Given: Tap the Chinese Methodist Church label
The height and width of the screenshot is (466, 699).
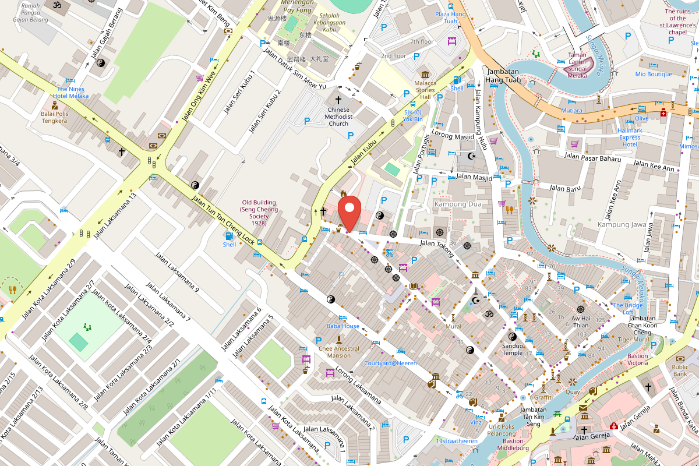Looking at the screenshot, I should tap(338, 116).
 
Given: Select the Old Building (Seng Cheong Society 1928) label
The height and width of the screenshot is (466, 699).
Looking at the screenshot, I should tap(259, 213).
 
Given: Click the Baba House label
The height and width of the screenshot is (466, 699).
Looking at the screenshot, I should tap(343, 326).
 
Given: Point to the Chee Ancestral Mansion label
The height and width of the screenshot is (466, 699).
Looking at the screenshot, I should tap(338, 352).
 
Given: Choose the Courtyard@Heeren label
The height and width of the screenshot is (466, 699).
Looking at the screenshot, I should tap(390, 363).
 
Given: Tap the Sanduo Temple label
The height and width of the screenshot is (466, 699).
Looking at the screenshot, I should tap(512, 349).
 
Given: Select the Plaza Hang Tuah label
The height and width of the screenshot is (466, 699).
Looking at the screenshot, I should tap(450, 17).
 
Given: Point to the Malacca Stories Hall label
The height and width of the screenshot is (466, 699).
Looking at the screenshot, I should tap(425, 90).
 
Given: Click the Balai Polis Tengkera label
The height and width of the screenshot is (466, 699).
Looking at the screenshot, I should tap(54, 117).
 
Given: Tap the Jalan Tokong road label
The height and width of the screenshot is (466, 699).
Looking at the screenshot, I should tap(437, 247).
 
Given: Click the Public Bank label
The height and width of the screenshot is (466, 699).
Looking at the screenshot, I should tap(680, 370).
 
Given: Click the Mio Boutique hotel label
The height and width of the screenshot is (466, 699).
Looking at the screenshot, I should tap(654, 74).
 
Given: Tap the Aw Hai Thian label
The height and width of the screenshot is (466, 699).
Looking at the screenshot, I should tap(580, 322).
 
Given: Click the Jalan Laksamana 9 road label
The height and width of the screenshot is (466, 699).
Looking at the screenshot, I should tap(177, 273).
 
